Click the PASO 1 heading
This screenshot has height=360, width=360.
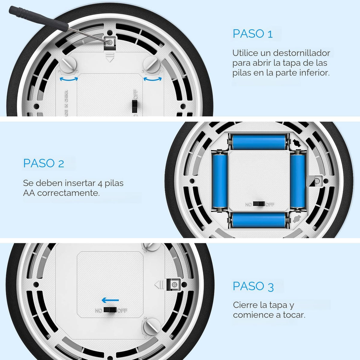tap(253, 34)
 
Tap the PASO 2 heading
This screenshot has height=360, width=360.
tap(44, 163)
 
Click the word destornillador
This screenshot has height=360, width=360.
tap(301, 53)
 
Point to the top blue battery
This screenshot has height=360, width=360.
tap(259, 142)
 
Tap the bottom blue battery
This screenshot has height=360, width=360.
tap(259, 220)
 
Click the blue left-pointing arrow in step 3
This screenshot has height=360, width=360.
tap(110, 300)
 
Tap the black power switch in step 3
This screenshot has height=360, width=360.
tap(110, 310)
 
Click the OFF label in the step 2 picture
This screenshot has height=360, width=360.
tap(270, 204)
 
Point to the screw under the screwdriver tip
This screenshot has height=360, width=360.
tap(110, 42)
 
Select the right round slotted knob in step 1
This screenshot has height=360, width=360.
tap(152, 65)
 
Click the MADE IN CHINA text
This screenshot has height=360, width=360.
tap(66, 103)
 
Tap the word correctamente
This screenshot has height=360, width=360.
tap(68, 193)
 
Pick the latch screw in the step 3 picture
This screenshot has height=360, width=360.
tap(175, 284)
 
